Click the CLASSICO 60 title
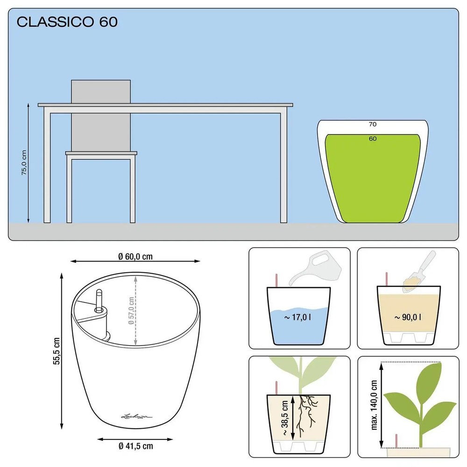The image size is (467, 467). pyautogui.click(x=67, y=22)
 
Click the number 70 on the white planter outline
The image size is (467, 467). pyautogui.click(x=372, y=124)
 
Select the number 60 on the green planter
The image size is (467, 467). pyautogui.click(x=372, y=139)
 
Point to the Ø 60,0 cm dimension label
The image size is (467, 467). pyautogui.click(x=135, y=256)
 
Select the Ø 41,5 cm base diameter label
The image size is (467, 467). pyautogui.click(x=135, y=446)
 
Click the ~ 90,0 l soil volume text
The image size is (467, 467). pyautogui.click(x=408, y=318)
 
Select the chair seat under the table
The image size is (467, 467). pyautogui.click(x=101, y=153)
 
